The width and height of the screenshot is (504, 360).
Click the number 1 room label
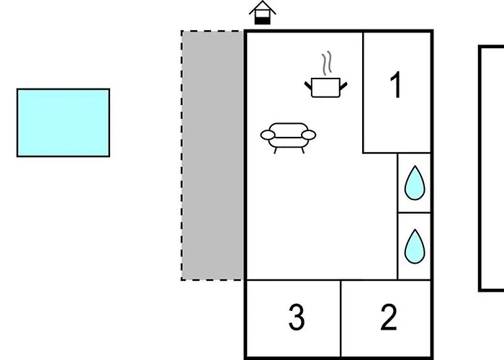395,85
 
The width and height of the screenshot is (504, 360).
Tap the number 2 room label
388,317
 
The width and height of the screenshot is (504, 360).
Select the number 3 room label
296,317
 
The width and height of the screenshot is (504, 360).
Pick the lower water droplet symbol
415,246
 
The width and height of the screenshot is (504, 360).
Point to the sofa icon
289,136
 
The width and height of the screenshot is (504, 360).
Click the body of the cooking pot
325,88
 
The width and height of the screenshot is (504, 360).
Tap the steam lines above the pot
328,63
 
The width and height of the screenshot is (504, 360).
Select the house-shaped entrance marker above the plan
263,13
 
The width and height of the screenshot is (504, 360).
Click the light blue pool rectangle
63,122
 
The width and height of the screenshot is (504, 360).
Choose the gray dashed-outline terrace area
213,155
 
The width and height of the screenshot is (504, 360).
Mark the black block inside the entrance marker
263,19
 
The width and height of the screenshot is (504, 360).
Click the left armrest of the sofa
268,135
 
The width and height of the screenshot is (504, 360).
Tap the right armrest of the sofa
310,135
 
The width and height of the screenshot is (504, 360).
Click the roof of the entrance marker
263,8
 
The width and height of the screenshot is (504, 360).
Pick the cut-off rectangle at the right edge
492,168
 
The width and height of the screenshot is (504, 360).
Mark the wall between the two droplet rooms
415,213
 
